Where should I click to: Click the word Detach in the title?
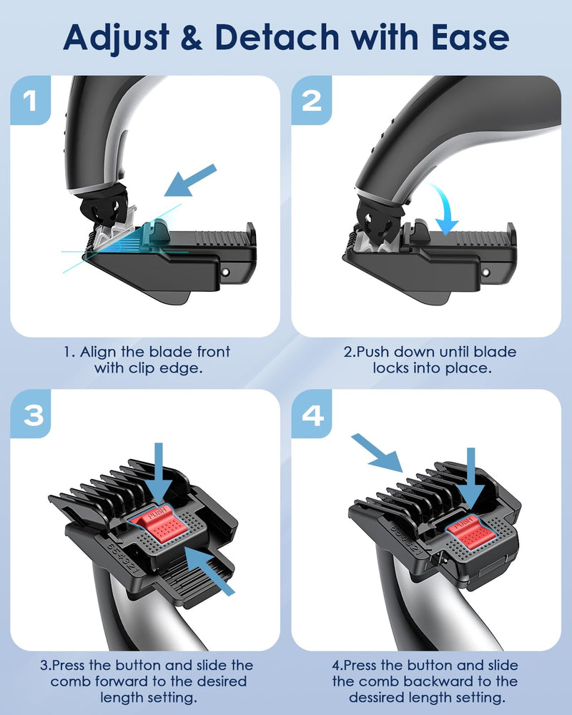[x=277, y=37]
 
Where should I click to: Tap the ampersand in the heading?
[x=192, y=38]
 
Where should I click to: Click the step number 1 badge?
[x=30, y=100]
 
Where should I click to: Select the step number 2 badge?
[x=312, y=100]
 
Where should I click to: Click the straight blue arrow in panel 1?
[x=190, y=181]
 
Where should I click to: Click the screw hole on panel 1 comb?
[x=225, y=272]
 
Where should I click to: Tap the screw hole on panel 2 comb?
[x=485, y=272]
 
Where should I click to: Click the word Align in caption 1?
[x=98, y=352]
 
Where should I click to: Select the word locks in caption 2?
[x=393, y=368]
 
